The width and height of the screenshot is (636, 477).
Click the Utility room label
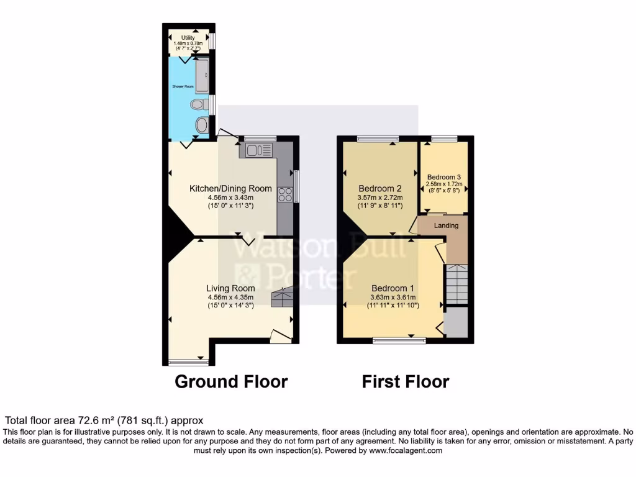pyautogui.click(x=188, y=38)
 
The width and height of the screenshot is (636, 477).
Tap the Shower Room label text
pyautogui.click(x=183, y=86)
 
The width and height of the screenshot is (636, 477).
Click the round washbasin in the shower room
pyautogui.click(x=201, y=125)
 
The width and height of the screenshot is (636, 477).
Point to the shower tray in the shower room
pyautogui.click(x=202, y=74)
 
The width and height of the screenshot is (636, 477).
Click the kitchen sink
pyautogui.click(x=258, y=150)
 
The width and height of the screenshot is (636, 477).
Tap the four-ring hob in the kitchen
pyautogui.click(x=285, y=194)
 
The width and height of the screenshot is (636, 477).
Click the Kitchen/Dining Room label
pyautogui.click(x=230, y=189)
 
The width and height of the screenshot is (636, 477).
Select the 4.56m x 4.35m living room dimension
pyautogui.click(x=230, y=298)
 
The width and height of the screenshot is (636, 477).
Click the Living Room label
pyautogui.click(x=230, y=288)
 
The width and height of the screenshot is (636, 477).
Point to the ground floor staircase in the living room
pyautogui.click(x=283, y=298)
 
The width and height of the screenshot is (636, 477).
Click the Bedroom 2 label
pyautogui.click(x=380, y=189)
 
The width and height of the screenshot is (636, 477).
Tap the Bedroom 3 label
pyautogui.click(x=443, y=177)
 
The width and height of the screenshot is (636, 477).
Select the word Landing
pyautogui.click(x=446, y=225)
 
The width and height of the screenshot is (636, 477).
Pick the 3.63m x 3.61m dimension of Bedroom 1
pyautogui.click(x=393, y=298)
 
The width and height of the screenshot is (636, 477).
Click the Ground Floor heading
pyautogui.click(x=231, y=381)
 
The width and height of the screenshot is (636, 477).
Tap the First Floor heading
pyautogui.click(x=406, y=381)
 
